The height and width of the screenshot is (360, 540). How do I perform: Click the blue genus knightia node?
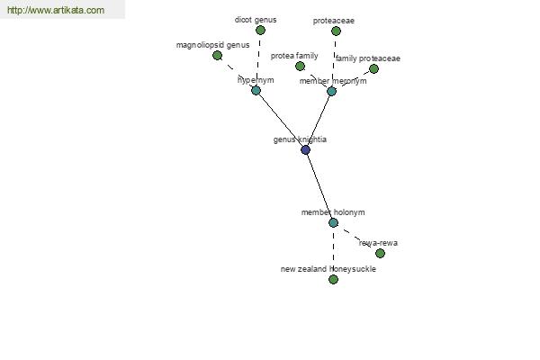point(305,150)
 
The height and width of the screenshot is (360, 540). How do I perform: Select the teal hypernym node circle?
point(256,91)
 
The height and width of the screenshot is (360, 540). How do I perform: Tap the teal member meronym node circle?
point(331,91)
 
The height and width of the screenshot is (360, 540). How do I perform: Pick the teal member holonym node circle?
point(333,222)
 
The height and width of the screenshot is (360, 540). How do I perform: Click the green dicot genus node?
point(260,31)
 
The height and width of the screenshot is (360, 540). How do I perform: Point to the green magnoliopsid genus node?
point(217,55)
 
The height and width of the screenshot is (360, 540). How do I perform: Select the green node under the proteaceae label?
point(336,31)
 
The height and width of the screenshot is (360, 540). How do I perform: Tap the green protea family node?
point(300,66)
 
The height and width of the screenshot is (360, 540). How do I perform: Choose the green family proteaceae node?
point(373,69)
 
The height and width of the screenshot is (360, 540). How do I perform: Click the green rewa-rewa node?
point(380,253)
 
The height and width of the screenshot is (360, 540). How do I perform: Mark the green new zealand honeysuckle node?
point(333,279)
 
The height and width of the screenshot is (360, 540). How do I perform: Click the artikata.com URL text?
point(56,10)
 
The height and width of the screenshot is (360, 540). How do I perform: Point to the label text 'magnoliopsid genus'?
point(212,45)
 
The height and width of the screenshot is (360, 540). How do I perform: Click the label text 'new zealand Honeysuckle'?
point(328,269)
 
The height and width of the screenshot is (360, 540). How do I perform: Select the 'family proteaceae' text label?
point(368,58)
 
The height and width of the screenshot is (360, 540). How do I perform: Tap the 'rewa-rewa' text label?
point(378,243)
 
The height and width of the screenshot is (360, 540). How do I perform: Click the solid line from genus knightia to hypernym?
point(281,121)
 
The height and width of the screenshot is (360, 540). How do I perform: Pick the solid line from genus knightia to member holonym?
point(319,186)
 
